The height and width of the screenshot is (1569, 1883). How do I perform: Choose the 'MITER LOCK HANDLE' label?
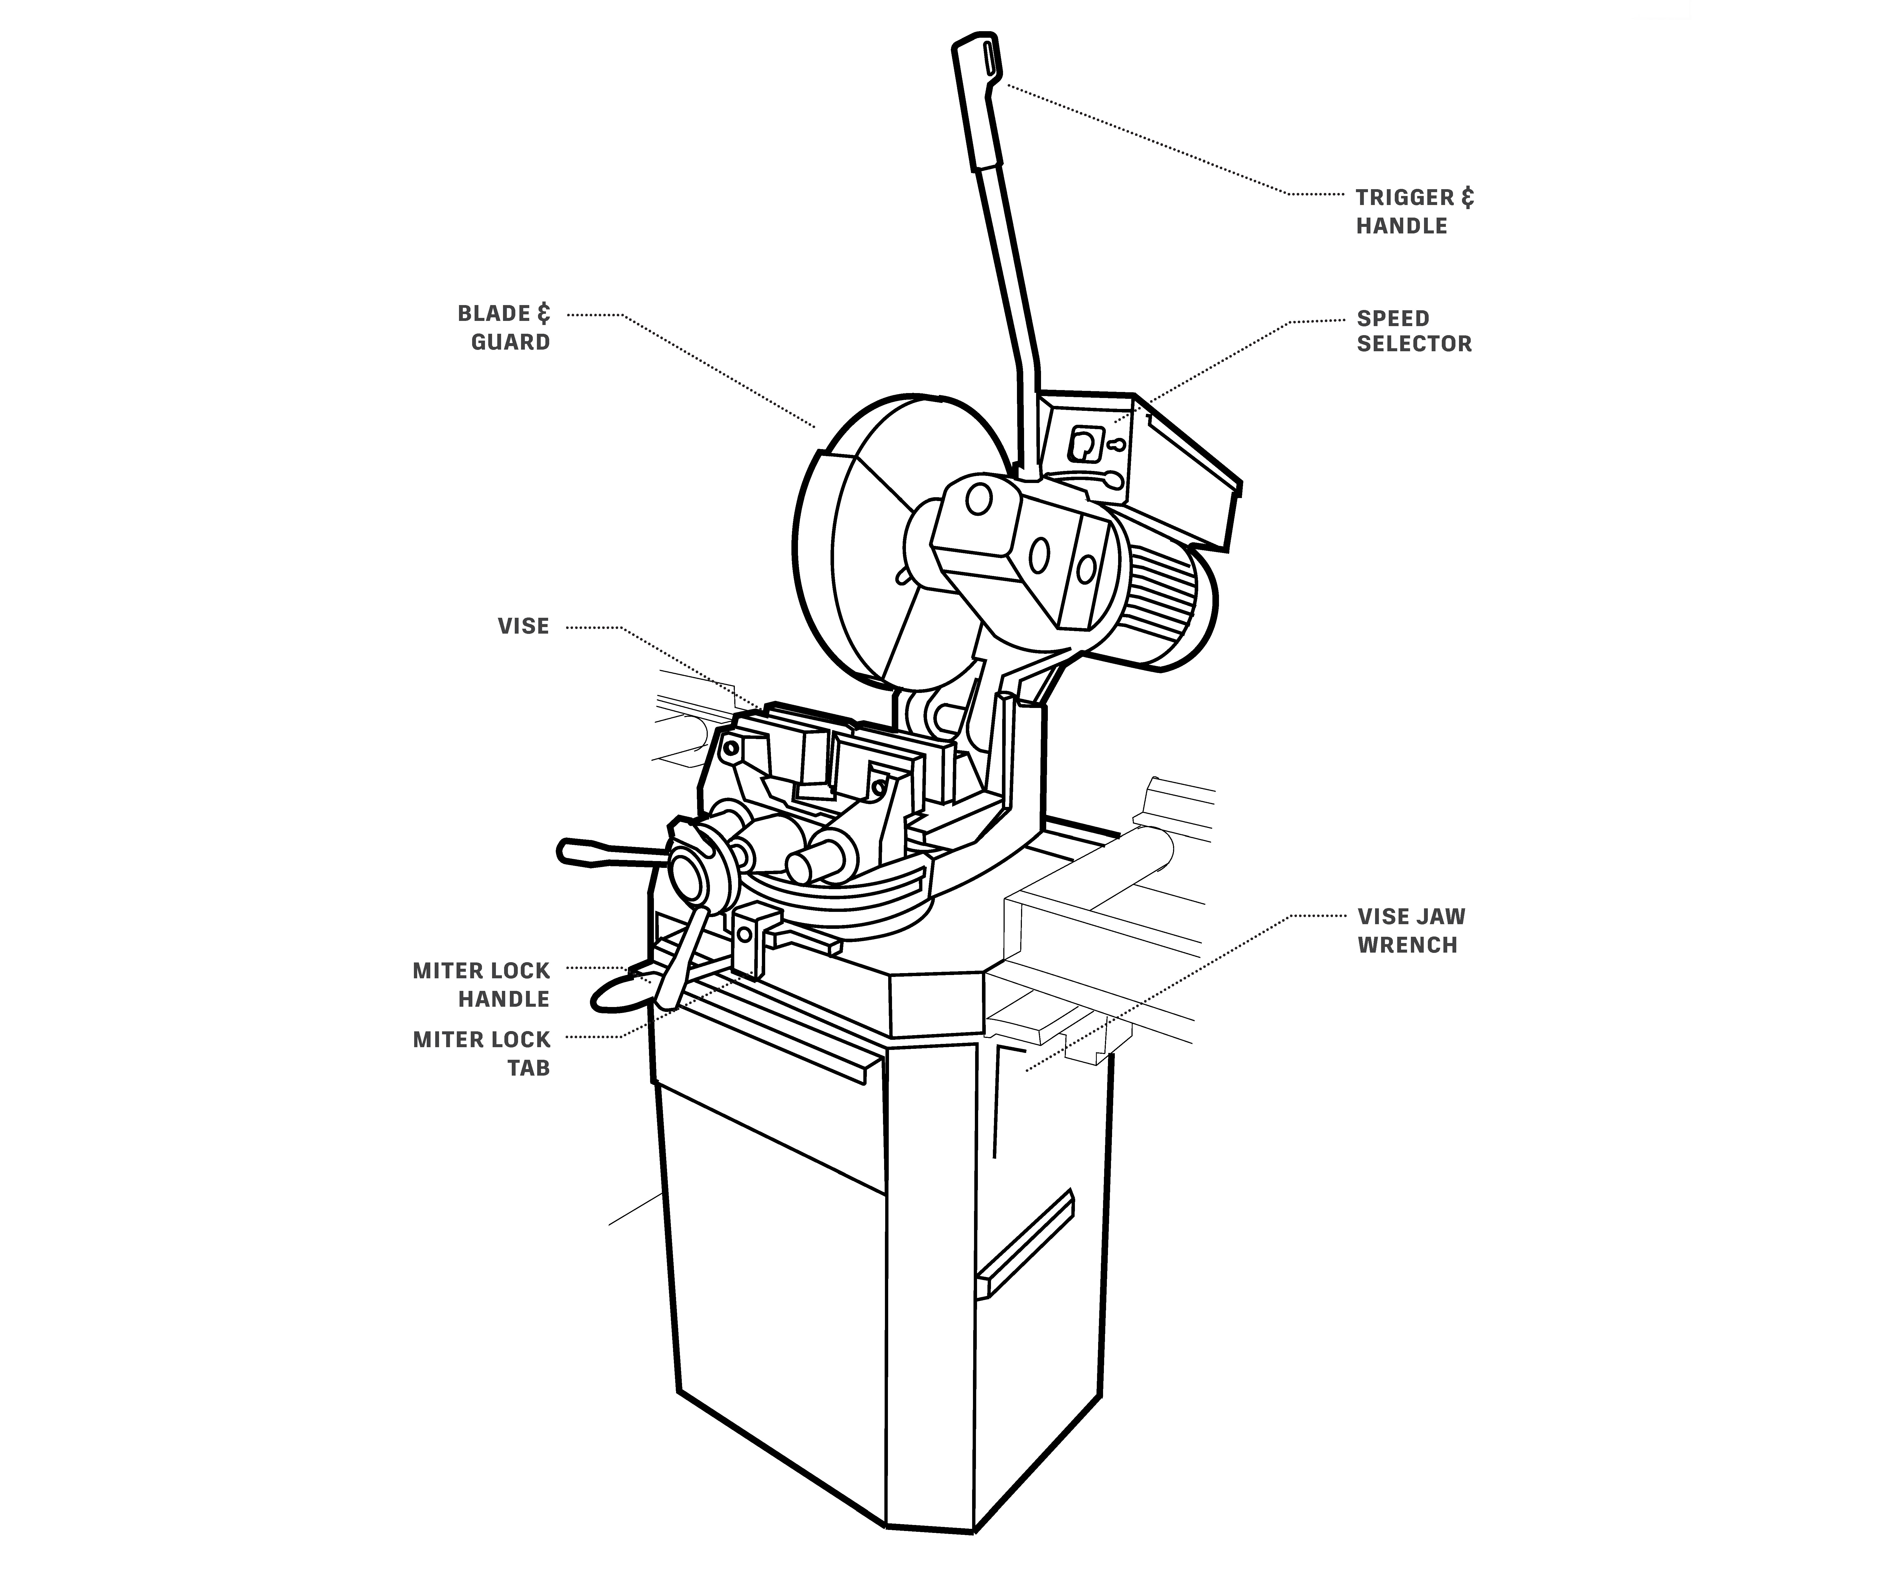481,984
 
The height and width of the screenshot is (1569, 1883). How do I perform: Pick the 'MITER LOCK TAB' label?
481,1053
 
